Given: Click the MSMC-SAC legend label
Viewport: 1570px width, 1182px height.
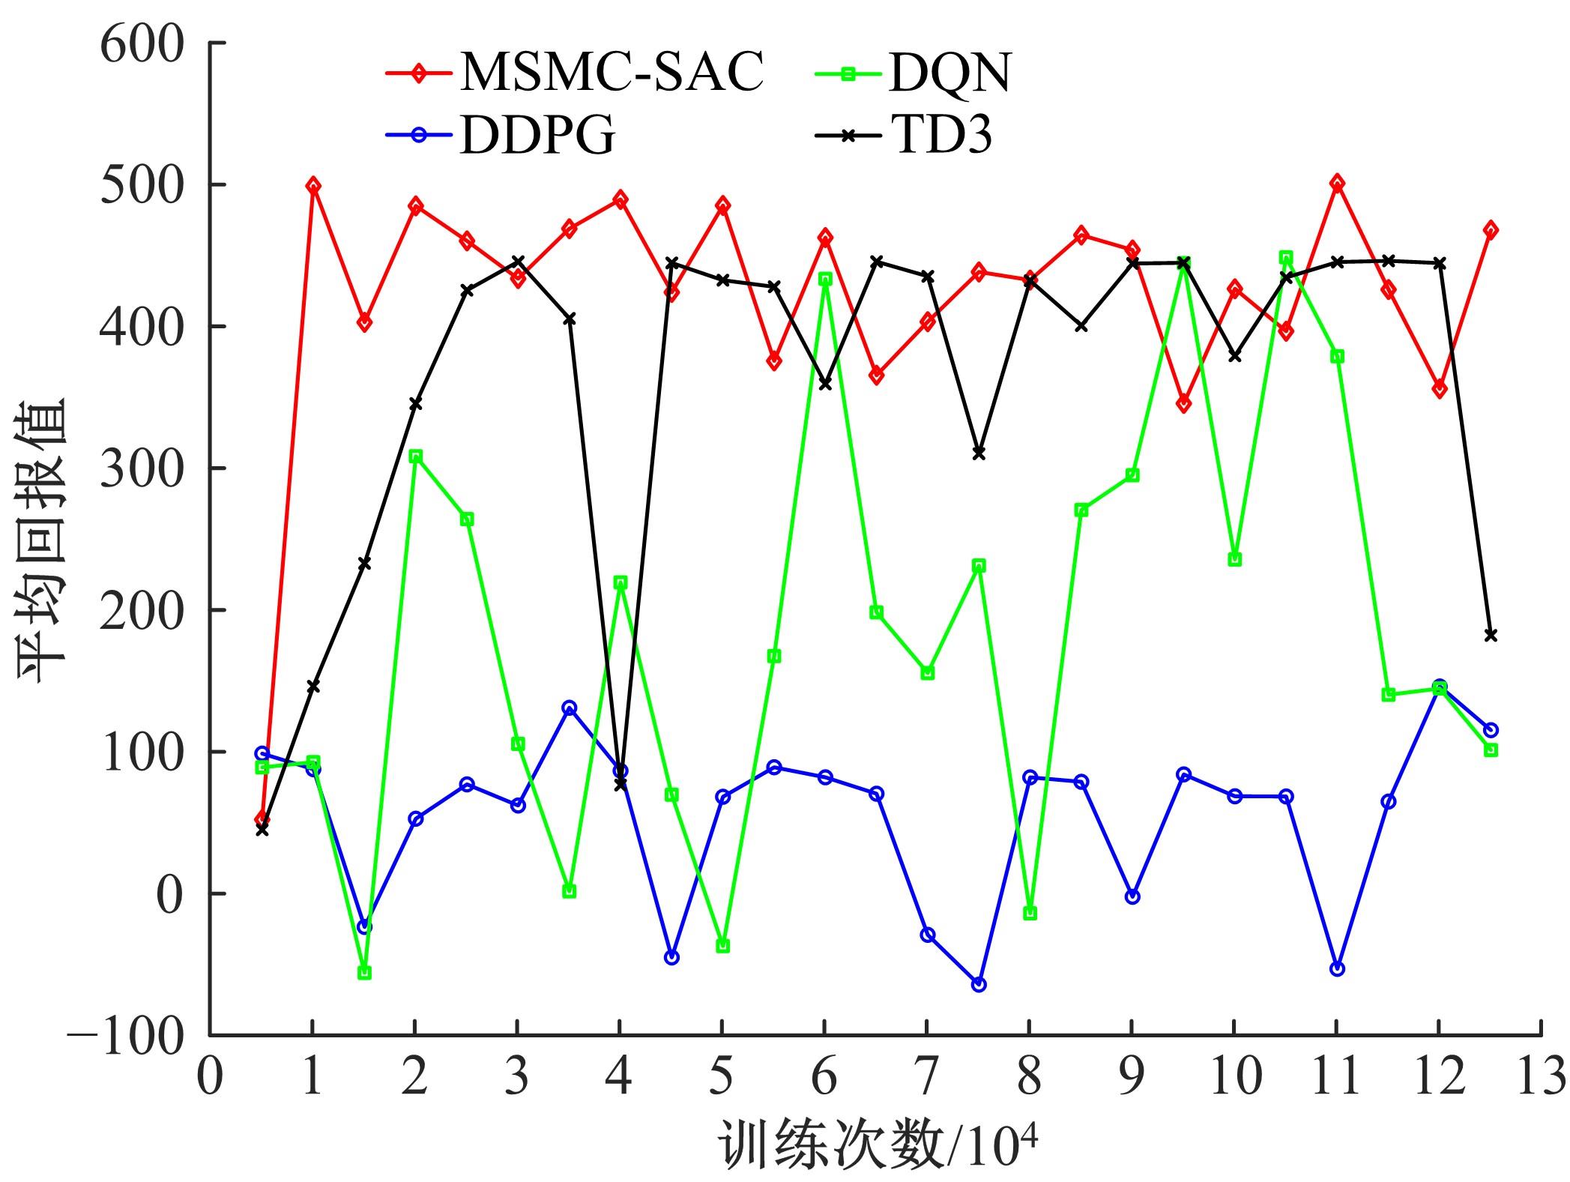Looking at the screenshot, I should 612,73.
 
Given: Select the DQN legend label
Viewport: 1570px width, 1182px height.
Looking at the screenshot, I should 949,73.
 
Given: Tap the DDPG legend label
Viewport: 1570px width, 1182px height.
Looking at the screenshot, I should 537,135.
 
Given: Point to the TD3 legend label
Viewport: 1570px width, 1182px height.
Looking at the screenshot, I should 941,135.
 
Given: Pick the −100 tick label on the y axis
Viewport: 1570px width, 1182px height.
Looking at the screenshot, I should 126,1037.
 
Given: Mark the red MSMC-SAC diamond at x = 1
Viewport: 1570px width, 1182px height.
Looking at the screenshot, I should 313,186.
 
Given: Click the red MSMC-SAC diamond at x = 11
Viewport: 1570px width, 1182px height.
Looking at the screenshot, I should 1337,184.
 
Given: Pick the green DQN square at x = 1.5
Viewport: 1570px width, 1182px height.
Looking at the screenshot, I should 364,973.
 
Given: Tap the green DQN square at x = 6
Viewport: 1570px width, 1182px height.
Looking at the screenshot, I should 825,280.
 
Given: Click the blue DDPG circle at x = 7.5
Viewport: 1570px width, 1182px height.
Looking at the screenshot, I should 979,985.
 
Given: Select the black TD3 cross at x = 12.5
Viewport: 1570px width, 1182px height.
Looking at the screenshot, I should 1491,636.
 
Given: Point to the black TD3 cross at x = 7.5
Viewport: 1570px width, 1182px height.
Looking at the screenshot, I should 979,453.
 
